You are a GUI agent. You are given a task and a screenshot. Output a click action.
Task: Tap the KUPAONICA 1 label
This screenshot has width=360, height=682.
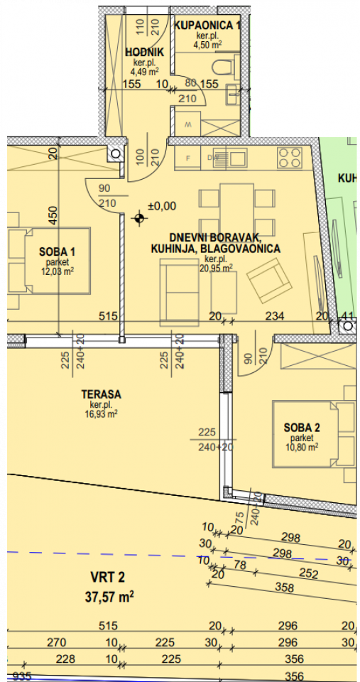pos(207,26)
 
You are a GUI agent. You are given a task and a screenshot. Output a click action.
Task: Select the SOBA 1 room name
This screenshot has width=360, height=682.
pos(58,251)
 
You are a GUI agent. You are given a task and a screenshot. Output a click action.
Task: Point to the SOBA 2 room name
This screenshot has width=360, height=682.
pos(302,428)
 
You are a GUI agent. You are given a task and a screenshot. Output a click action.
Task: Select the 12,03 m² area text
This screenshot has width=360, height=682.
pos(58,271)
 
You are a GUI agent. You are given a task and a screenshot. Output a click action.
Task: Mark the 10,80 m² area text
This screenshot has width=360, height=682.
pos(302,447)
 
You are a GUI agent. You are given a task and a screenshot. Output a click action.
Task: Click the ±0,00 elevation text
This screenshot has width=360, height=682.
pos(161,206)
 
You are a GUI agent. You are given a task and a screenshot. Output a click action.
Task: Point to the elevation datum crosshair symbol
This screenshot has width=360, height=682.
pos(140,218)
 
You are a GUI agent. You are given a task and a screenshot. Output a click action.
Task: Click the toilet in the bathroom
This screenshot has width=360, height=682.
pos(226,69)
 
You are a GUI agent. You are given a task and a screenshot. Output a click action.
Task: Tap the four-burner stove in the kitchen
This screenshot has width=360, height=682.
pos(290,157)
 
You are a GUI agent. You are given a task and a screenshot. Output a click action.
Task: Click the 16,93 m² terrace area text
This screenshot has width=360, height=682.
pos(101,414)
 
